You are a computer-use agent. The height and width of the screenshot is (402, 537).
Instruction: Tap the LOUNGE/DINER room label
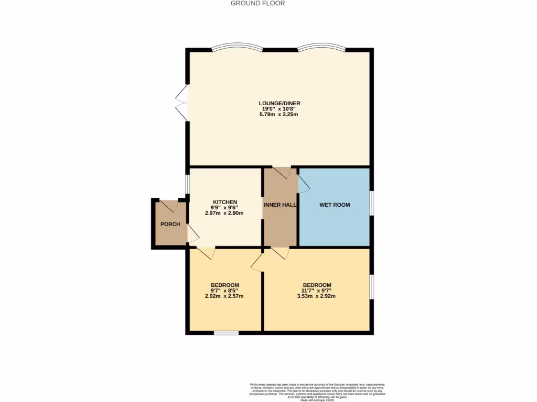pyautogui.click(x=279, y=103)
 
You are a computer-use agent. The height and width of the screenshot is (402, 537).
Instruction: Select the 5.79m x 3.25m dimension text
pyautogui.click(x=279, y=115)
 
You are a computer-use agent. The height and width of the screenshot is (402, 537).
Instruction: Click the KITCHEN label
pyautogui.click(x=225, y=202)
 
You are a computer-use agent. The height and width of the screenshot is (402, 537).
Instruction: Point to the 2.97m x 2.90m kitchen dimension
pyautogui.click(x=225, y=214)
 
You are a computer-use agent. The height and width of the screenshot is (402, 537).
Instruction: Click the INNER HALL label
pyautogui.click(x=281, y=205)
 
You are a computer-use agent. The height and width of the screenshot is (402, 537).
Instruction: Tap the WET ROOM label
pyautogui.click(x=335, y=205)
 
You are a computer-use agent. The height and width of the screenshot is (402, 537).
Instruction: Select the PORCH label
pyautogui.click(x=170, y=225)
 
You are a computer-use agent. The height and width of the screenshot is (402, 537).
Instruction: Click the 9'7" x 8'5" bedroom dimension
pyautogui.click(x=224, y=291)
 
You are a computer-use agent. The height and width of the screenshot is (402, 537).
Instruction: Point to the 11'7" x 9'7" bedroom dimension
pyautogui.click(x=316, y=291)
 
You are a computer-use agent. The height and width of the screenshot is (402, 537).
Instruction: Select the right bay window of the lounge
pyautogui.click(x=321, y=48)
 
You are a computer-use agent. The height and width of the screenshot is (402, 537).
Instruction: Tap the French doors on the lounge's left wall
pyautogui.click(x=181, y=103)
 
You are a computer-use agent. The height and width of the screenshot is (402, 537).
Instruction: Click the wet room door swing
pyautogui.click(x=304, y=183)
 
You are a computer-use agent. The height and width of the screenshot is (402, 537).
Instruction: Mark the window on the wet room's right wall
pyautogui.click(x=371, y=202)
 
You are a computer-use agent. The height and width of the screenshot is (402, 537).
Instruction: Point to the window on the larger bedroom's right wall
pyautogui.click(x=371, y=286)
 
